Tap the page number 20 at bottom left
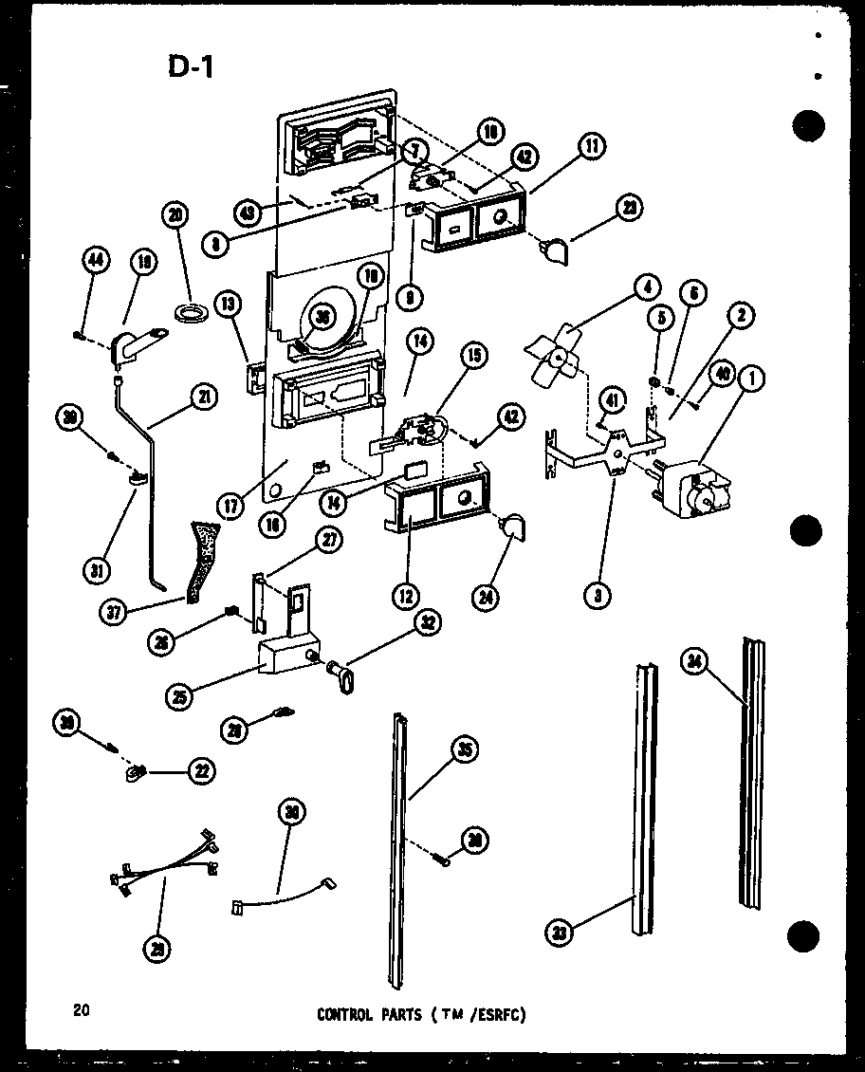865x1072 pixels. coord(80,1009)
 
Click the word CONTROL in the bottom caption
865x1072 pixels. coord(345,1014)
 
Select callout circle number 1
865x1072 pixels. coord(753,379)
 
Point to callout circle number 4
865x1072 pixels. coord(648,284)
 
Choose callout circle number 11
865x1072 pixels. coord(593,147)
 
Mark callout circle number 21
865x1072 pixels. coord(202,399)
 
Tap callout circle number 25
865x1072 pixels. coord(177,695)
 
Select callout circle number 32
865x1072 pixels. coord(428,623)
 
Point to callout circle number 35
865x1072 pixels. coord(463,751)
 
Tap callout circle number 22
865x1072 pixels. coord(201,772)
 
